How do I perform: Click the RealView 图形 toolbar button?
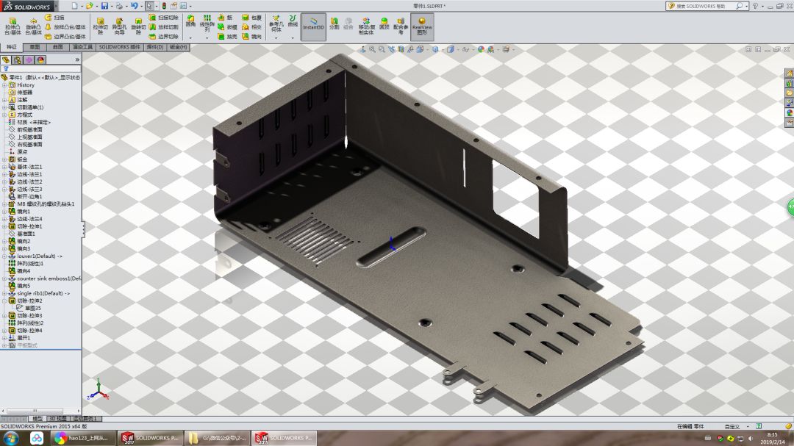click(x=422, y=27)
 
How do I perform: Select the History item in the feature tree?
click(x=26, y=85)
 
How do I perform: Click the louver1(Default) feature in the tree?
click(x=38, y=256)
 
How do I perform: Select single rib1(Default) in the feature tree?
click(x=42, y=293)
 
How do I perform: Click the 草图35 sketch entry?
click(x=33, y=308)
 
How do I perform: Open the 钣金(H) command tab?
click(x=179, y=47)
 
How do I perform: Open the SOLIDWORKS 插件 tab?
click(x=120, y=47)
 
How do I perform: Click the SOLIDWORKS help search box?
click(x=702, y=6)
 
